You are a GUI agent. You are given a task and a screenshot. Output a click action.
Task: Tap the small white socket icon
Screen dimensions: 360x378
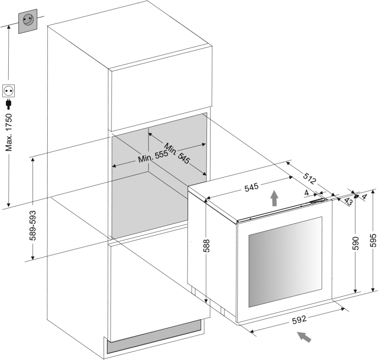pos(9,91)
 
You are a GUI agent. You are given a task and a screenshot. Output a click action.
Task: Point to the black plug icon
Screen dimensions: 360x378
pos(8,104)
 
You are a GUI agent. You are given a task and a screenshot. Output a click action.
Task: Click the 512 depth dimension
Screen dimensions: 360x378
pos(309,177)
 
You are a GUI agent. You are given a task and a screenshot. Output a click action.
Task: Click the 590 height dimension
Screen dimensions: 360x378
pos(356,244)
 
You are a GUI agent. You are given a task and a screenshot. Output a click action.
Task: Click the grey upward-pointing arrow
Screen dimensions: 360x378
pos(274,198)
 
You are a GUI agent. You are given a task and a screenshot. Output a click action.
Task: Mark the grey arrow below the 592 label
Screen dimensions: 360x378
pos(305,336)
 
